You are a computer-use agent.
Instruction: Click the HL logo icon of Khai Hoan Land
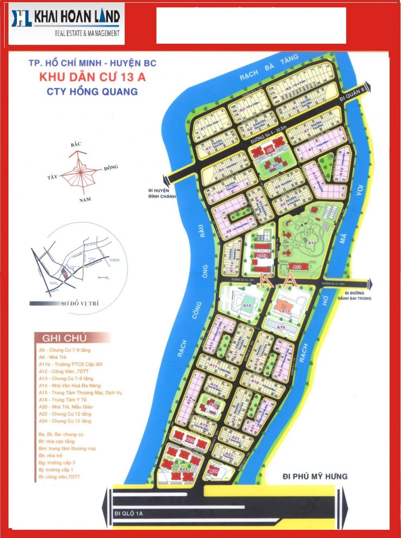(21, 18)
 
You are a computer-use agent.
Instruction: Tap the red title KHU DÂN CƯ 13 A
(92, 77)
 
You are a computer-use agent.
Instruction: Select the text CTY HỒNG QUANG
(92, 91)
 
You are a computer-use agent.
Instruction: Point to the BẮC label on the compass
(76, 144)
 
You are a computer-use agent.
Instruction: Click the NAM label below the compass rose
(85, 200)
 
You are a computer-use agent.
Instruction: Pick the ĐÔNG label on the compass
(111, 168)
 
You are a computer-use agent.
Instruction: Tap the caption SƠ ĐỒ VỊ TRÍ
(80, 303)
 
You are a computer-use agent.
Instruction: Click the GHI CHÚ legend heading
(64, 338)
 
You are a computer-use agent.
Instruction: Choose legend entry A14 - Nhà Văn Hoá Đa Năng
(70, 385)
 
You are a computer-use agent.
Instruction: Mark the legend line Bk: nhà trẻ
(51, 455)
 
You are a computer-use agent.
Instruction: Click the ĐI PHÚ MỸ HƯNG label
(315, 476)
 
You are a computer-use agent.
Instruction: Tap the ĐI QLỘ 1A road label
(129, 513)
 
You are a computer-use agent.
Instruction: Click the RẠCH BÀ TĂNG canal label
(269, 67)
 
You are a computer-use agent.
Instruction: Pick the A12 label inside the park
(312, 243)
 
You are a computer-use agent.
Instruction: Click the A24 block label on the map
(214, 471)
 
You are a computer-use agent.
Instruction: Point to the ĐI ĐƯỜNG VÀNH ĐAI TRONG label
(354, 295)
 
